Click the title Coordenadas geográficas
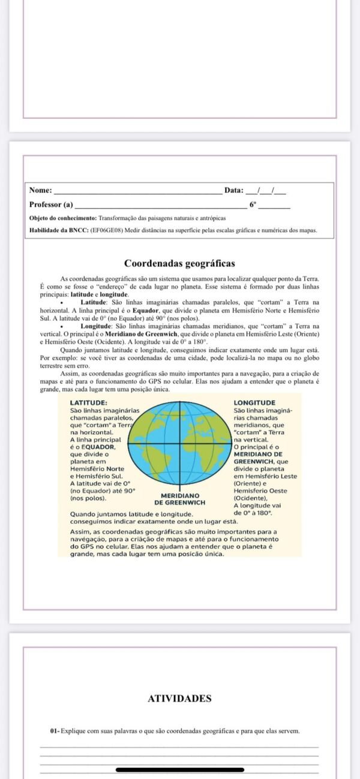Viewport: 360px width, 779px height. tap(179, 263)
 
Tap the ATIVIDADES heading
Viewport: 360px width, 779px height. tap(179, 698)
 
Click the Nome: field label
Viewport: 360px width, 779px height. tap(41, 190)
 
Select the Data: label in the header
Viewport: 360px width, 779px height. tap(234, 190)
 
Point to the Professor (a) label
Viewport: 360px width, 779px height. tap(51, 204)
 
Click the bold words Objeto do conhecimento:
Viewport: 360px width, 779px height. tap(63, 218)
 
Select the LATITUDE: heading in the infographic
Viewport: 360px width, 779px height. tap(89, 402)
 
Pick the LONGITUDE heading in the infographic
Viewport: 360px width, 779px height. tap(254, 402)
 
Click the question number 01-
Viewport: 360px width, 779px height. tap(55, 731)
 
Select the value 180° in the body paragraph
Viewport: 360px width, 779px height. tap(199, 341)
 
